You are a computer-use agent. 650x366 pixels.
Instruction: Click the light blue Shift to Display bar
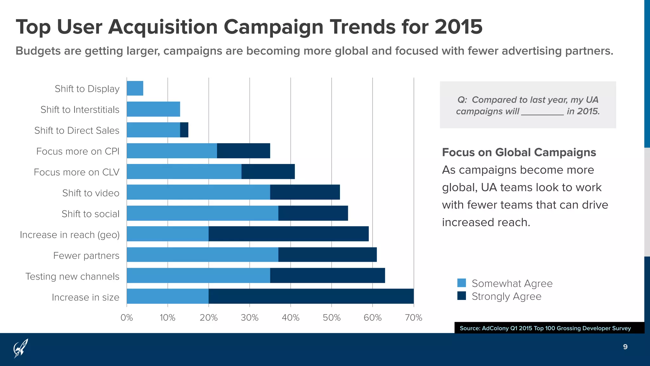click(135, 88)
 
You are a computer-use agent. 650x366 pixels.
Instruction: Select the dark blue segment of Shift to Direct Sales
click(184, 130)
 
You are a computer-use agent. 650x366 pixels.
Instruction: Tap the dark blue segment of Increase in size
click(311, 296)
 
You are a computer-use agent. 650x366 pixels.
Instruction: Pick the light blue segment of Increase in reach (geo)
click(168, 234)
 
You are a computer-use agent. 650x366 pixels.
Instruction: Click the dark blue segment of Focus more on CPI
click(243, 151)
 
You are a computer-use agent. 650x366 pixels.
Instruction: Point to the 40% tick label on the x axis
click(290, 318)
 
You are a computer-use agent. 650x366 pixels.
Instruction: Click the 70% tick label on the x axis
click(414, 318)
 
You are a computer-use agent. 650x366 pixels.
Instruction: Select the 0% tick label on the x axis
click(127, 318)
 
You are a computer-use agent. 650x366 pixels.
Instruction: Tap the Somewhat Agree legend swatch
click(461, 283)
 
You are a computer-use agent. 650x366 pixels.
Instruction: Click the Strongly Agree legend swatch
click(461, 296)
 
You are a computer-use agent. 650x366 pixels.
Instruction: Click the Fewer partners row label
click(86, 255)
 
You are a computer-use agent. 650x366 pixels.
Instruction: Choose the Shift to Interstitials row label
click(80, 110)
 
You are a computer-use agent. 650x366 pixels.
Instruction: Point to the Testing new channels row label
click(72, 276)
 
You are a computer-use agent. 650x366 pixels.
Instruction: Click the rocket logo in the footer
click(21, 348)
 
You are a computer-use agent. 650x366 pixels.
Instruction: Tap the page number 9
click(625, 347)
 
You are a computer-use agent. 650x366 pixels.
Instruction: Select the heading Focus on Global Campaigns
click(519, 152)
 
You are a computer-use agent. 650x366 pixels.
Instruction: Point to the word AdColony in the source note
click(495, 328)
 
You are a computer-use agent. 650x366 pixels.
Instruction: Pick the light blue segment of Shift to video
click(198, 192)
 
